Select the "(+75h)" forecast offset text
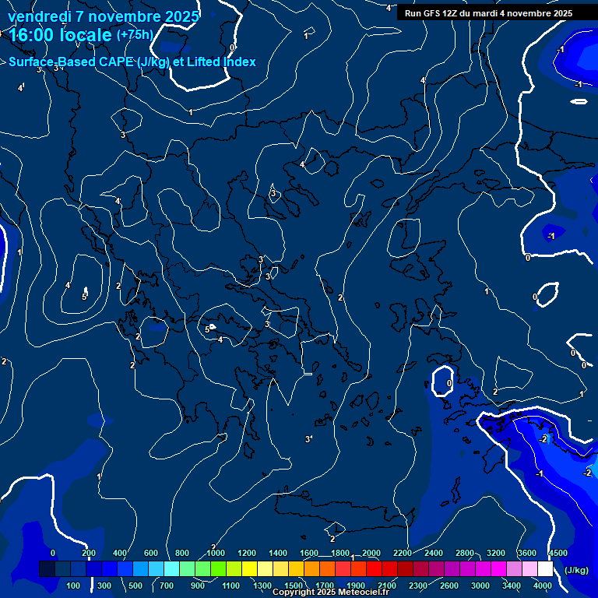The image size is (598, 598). click(135, 35)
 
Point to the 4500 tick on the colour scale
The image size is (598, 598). click(558, 553)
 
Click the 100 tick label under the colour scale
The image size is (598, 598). click(74, 586)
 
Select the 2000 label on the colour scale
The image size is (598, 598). click(371, 553)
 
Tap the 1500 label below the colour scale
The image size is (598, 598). click(294, 586)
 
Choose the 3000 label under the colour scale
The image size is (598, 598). click(481, 586)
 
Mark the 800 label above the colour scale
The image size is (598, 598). click(183, 553)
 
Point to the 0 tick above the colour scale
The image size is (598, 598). click(53, 553)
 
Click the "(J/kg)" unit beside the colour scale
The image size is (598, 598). click(576, 570)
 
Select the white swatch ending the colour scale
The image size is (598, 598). click(545, 569)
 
